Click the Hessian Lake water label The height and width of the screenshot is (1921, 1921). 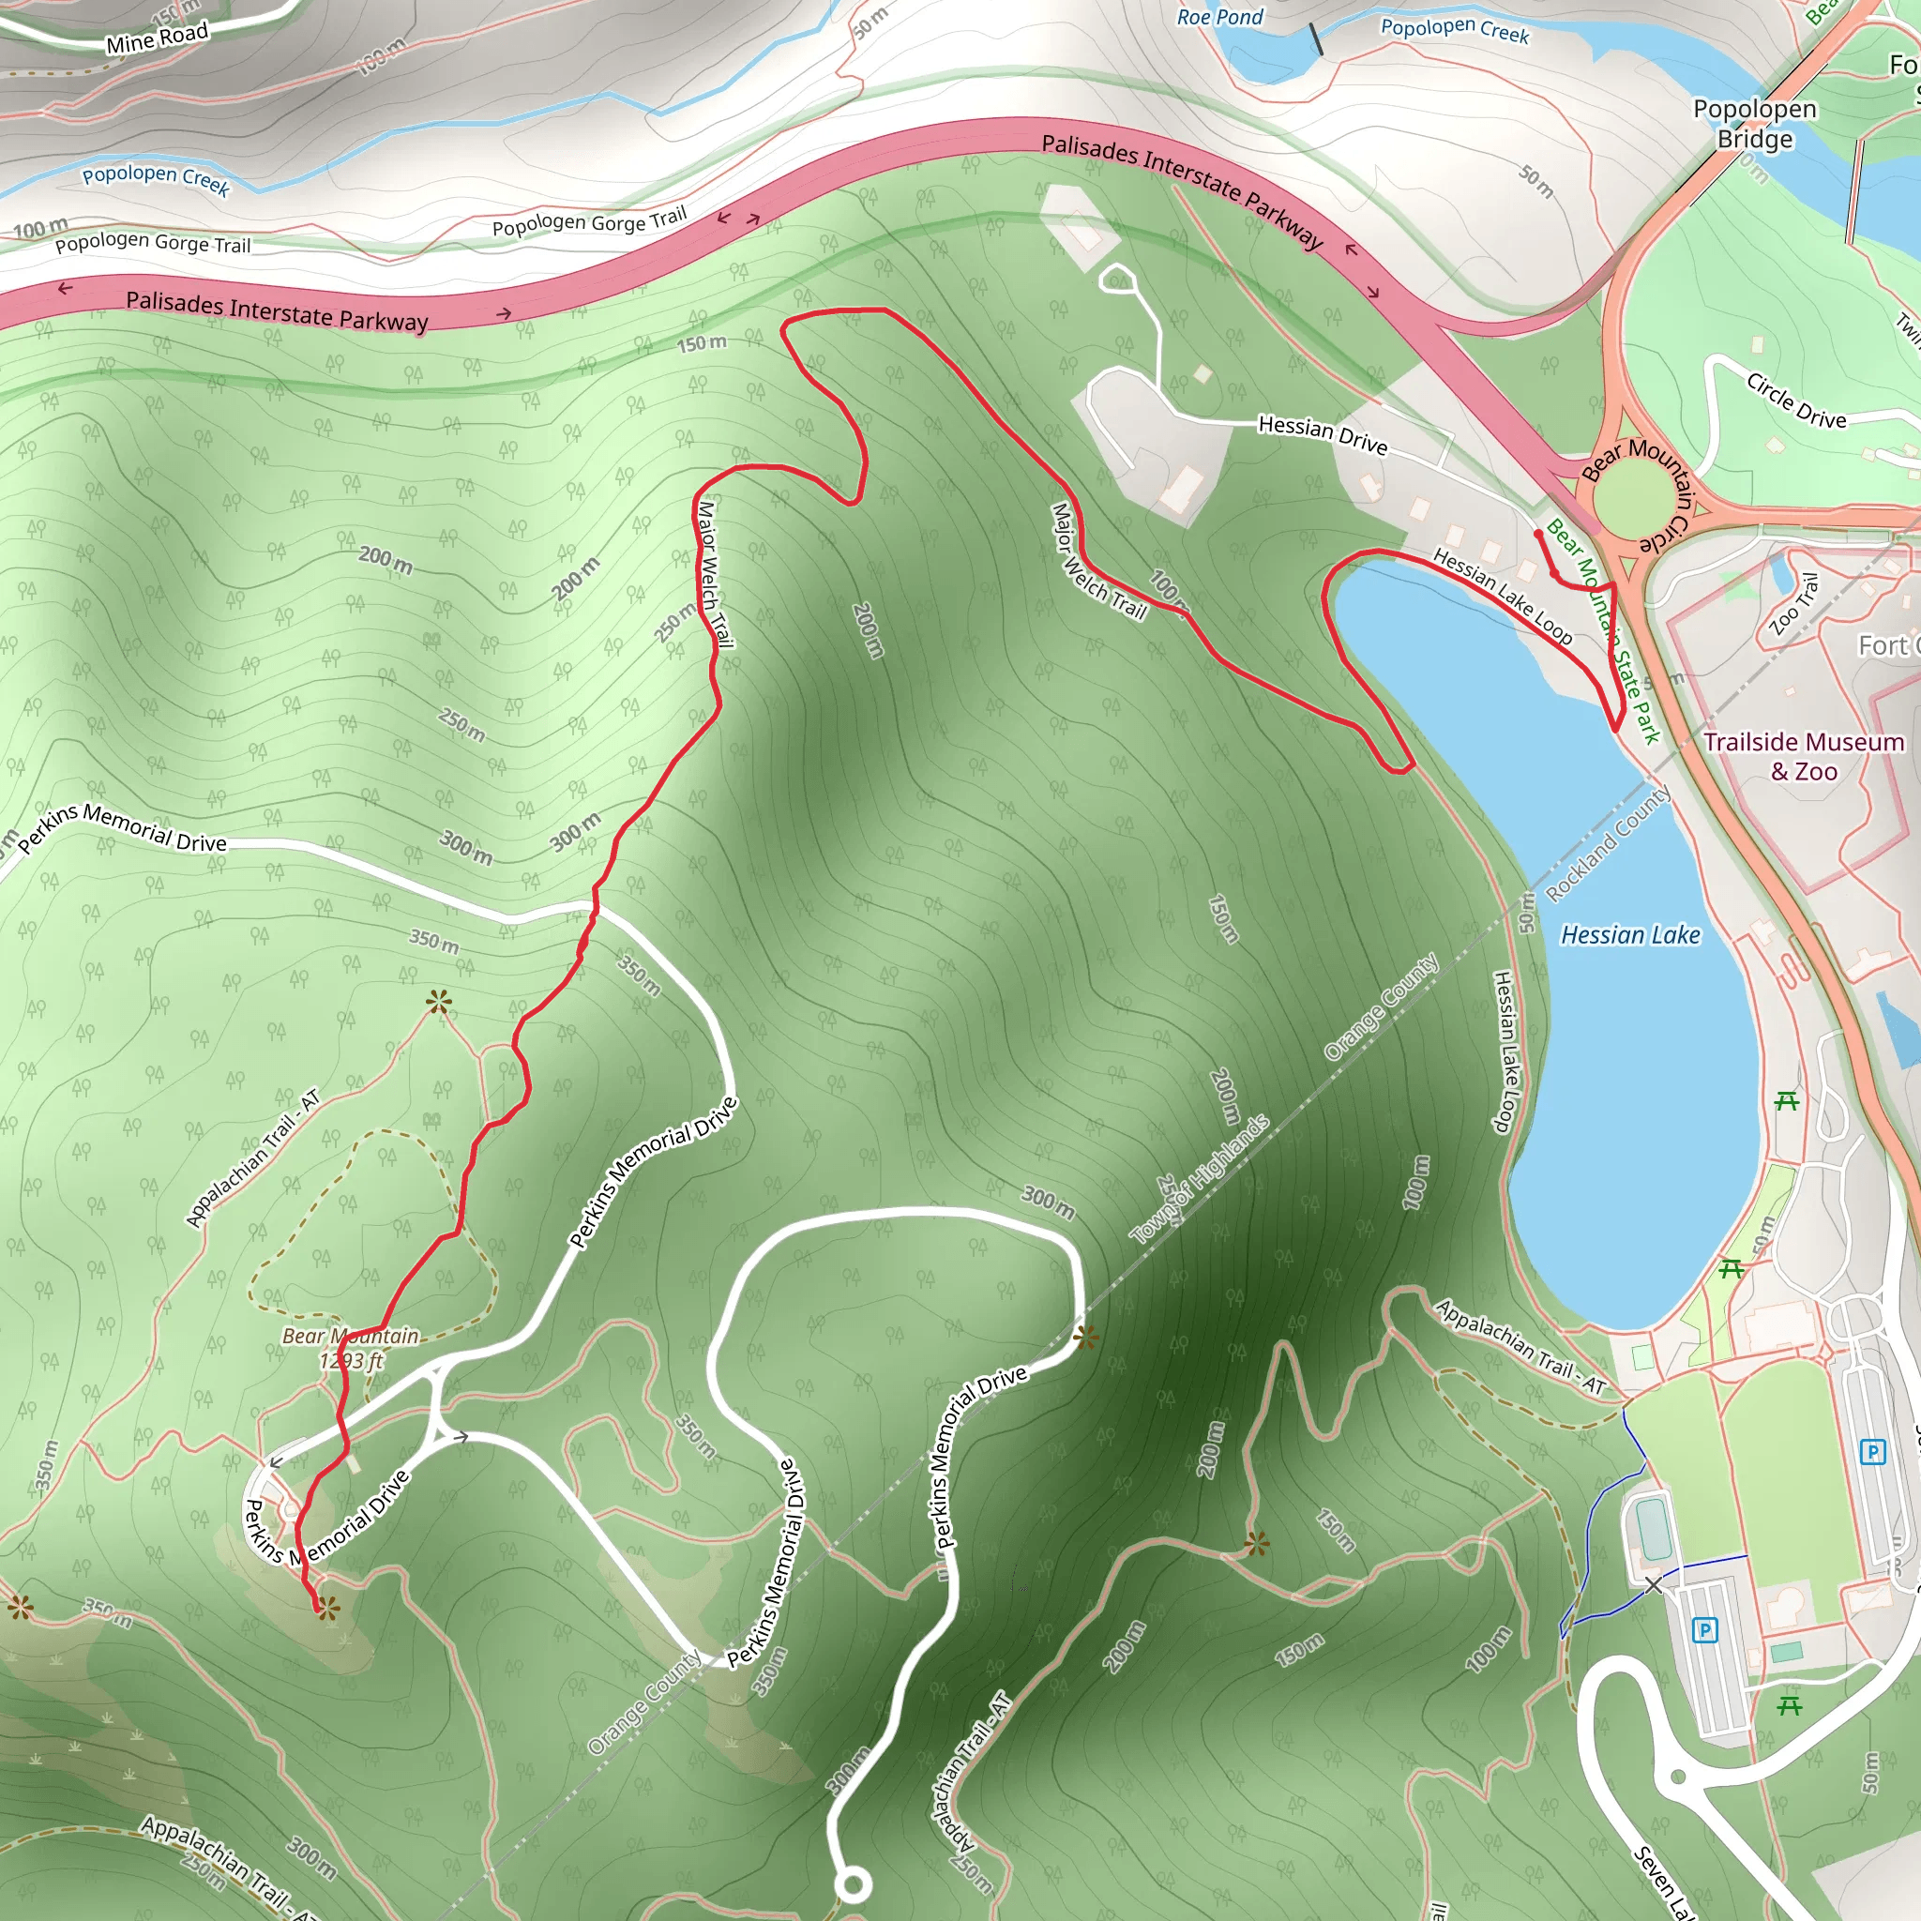[1629, 934]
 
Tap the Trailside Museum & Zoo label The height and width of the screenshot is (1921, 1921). [1804, 756]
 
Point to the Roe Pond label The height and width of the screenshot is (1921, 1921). [1219, 17]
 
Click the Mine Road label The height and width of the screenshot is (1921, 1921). [157, 38]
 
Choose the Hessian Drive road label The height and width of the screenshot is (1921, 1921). [1323, 434]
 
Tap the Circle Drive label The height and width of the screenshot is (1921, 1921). [1795, 401]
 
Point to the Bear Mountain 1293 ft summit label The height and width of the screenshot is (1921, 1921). [350, 1347]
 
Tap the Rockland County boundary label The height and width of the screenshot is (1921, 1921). [1607, 844]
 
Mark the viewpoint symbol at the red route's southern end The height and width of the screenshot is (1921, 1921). [326, 1605]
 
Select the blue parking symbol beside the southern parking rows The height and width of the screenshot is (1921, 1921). [1705, 1629]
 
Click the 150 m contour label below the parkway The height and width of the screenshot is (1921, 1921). [701, 344]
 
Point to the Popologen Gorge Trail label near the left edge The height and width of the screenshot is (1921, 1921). [152, 244]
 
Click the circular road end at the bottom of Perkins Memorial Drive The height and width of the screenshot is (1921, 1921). [852, 1884]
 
